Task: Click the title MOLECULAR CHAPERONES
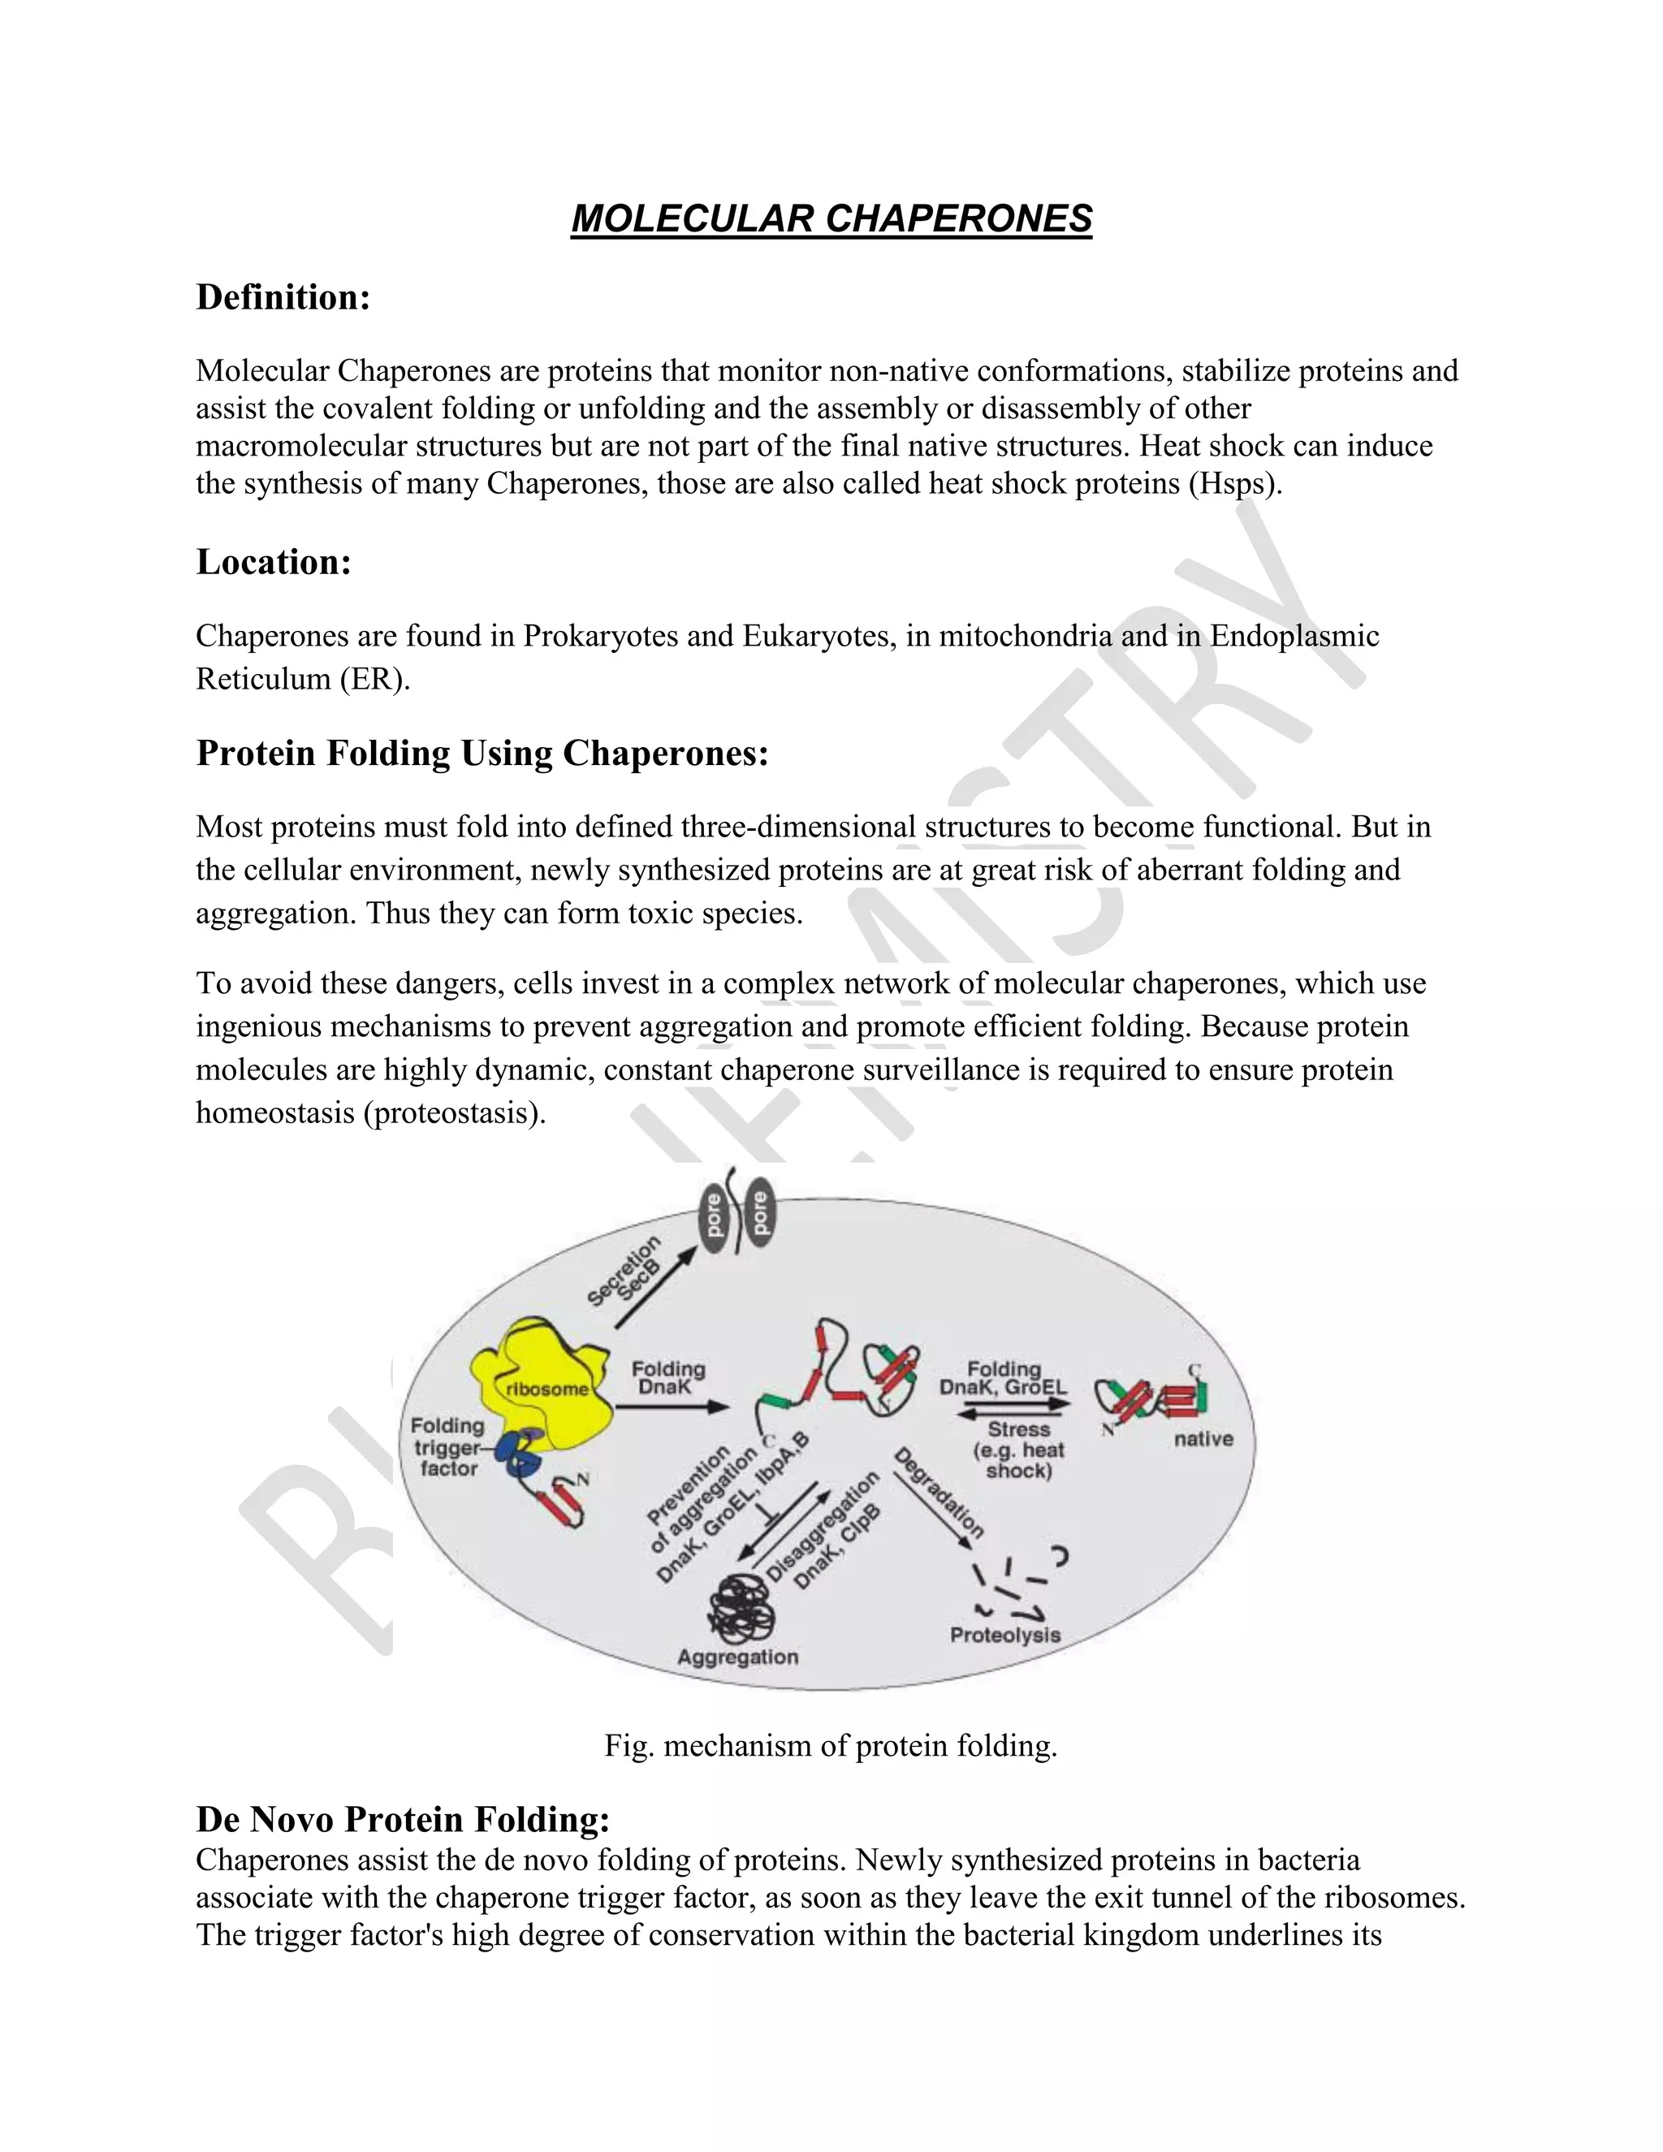tap(831, 218)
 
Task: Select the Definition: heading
tap(283, 297)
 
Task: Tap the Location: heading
tap(274, 563)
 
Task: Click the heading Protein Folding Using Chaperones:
tap(482, 753)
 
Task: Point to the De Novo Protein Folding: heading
tap(403, 1819)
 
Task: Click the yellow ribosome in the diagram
tap(537, 1380)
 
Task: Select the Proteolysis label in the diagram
tap(1005, 1635)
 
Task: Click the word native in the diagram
tap(1203, 1439)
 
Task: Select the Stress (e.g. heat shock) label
tap(1019, 1450)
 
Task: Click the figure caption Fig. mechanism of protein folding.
tap(831, 1746)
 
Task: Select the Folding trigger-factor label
tap(448, 1446)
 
